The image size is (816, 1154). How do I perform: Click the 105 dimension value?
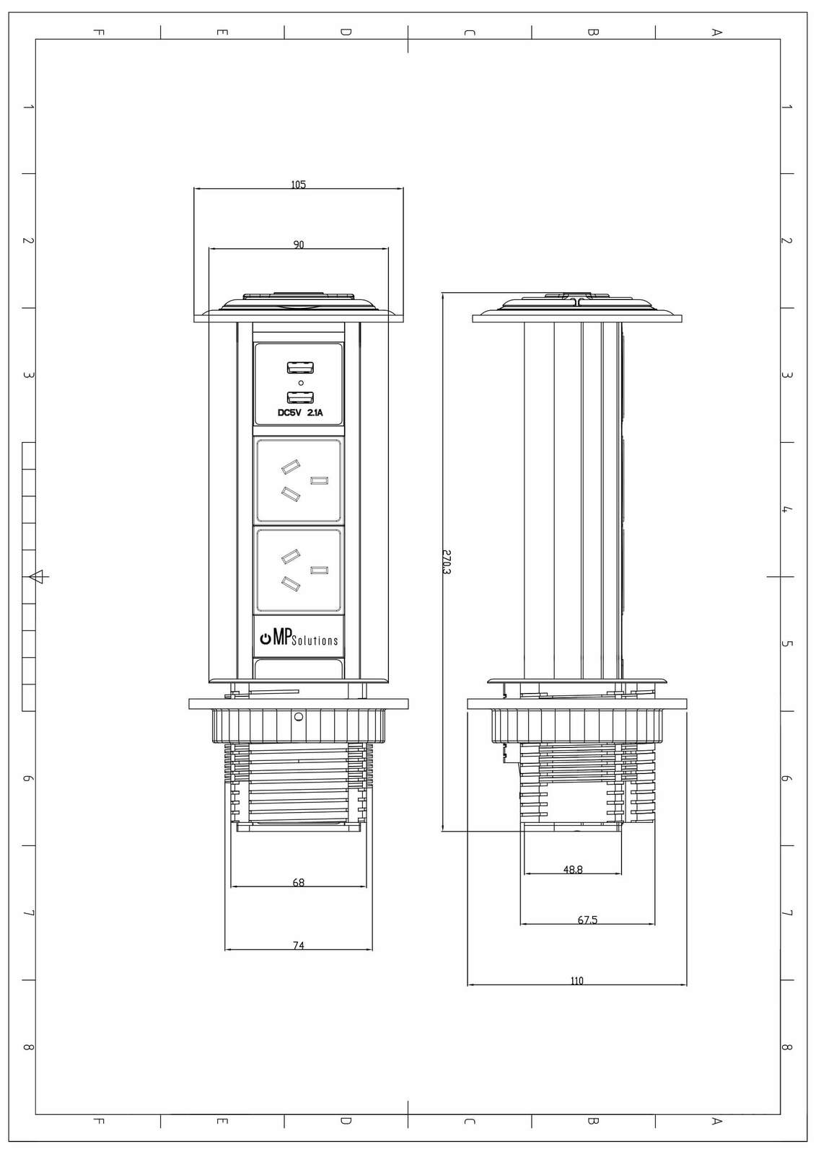coord(298,184)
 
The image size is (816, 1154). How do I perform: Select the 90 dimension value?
coord(299,245)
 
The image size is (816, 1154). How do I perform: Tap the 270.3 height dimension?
coord(447,562)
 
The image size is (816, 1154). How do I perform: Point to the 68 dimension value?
coord(299,882)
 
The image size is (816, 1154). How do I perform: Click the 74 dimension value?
coord(299,946)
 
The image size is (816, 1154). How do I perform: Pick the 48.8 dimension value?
coord(573,870)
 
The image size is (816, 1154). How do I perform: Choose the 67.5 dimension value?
coord(587,920)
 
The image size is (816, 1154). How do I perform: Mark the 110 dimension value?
coord(576,981)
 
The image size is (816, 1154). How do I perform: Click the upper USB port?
coord(301,368)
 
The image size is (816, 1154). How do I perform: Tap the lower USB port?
coord(301,397)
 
